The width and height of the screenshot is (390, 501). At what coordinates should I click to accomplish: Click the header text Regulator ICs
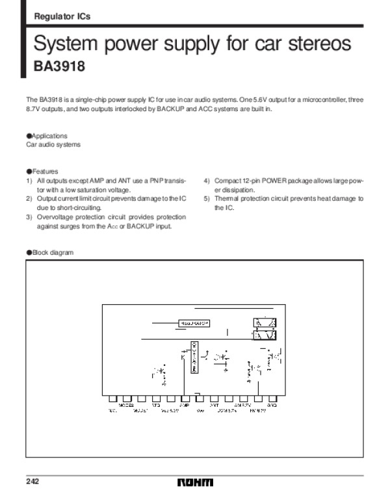pos(62,18)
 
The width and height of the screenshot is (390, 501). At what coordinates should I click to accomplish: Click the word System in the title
pos(64,45)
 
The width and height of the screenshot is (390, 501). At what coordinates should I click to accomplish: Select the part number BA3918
pos(59,66)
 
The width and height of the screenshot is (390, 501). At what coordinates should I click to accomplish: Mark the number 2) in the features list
pos(29,198)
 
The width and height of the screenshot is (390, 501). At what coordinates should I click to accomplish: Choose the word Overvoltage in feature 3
pos(54,216)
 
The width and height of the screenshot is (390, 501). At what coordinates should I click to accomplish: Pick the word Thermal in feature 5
pos(225,198)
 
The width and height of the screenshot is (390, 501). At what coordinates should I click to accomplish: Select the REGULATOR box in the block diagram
pos(194,322)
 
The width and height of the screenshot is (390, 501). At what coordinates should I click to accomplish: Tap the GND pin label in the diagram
pos(272,405)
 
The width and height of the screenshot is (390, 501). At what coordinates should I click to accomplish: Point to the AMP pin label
pos(185,405)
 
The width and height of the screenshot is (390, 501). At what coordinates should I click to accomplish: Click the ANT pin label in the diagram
pos(214,405)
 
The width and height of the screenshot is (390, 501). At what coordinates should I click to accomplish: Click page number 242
pos(33,482)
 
